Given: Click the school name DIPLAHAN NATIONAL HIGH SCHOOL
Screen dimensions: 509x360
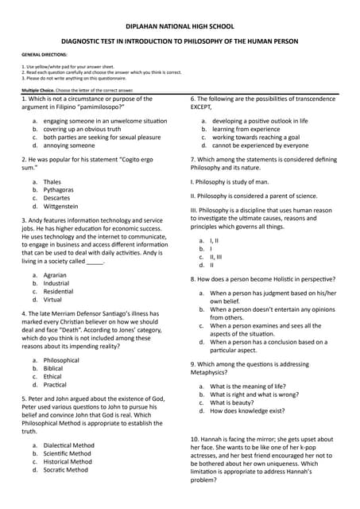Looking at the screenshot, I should [180, 24].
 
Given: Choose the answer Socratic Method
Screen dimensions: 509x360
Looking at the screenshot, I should [69, 470].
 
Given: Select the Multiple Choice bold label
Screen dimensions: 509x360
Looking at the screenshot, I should [37, 91].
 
